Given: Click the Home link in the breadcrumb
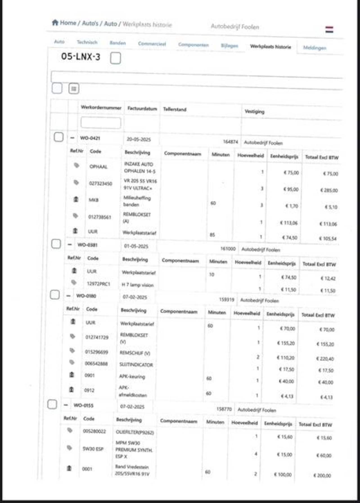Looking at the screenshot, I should click(67, 23).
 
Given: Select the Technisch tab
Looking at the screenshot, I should click(87, 42).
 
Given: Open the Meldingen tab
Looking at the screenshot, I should click(314, 48).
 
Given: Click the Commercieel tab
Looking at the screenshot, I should click(152, 44).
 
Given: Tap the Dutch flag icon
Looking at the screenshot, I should click(329, 30).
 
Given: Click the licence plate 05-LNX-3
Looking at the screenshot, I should click(81, 57).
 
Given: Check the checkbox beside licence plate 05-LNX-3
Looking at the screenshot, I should click(116, 58).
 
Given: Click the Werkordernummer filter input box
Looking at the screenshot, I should click(101, 123).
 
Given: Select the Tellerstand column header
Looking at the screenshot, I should click(175, 109).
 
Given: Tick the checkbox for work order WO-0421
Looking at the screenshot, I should click(58, 137).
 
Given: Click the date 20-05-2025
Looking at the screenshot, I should click(139, 139).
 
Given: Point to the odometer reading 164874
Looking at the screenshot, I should click(230, 142).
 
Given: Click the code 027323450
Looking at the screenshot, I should click(101, 184).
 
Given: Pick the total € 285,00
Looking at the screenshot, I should click(329, 190).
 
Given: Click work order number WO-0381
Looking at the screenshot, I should click(87, 245).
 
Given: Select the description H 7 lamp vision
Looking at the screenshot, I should click(138, 285).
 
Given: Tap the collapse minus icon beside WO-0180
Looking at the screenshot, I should click(68, 296).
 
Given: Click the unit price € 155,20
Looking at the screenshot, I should click(286, 343).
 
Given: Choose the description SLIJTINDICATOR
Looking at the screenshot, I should click(136, 365).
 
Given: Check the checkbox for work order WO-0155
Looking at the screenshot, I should click(52, 404).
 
